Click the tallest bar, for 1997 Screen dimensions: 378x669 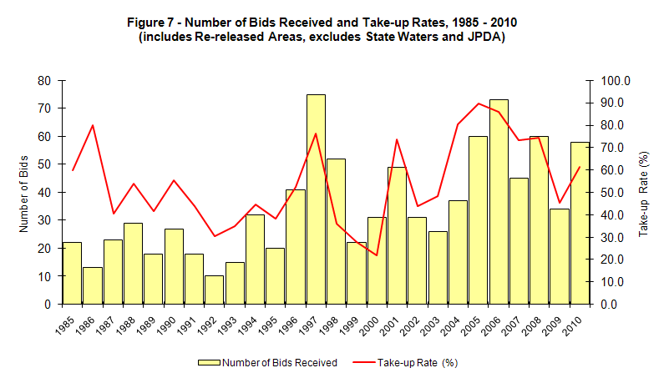[316, 199]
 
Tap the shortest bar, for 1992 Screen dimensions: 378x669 [215, 290]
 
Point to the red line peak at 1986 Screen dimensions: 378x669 [93, 125]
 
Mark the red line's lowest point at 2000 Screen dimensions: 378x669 [377, 255]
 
